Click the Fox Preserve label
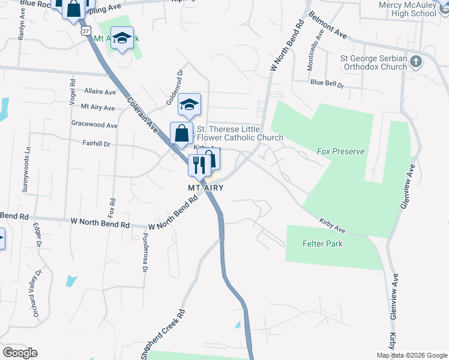[340, 152]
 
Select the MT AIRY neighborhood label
[206, 188]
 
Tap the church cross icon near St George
[415, 62]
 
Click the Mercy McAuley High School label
[407, 8]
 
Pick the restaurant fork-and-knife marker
[199, 164]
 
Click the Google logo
[20, 353]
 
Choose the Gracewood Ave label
[94, 125]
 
